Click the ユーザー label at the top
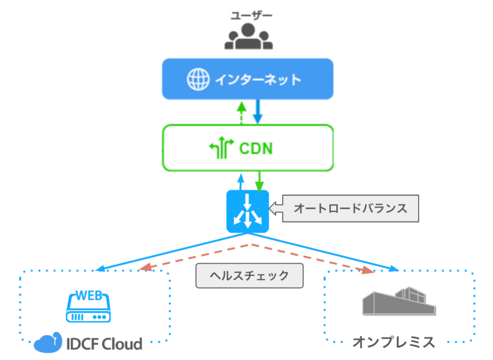251,16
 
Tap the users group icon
248,37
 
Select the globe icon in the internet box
198,79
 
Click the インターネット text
258,80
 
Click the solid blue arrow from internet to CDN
258,112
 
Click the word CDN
256,148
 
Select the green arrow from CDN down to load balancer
259,182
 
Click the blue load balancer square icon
248,211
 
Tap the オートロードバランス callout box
350,208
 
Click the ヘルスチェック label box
249,275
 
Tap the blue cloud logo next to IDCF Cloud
47,343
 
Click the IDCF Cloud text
104,344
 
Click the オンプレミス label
394,342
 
